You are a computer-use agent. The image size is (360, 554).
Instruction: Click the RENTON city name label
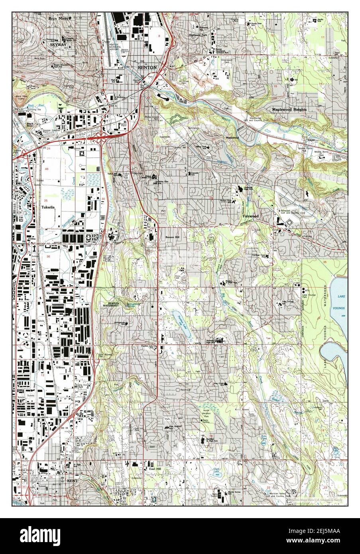147,68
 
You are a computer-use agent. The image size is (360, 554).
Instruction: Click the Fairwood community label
251,216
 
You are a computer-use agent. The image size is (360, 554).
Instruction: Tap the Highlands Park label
198,35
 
